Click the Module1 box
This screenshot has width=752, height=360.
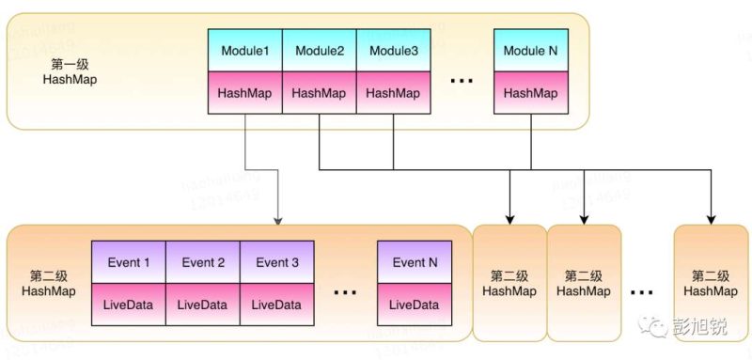pyautogui.click(x=244, y=50)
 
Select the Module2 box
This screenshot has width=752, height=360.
pyautogui.click(x=319, y=50)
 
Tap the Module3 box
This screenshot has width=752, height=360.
pyautogui.click(x=393, y=50)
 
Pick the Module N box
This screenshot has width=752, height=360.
pyautogui.click(x=531, y=50)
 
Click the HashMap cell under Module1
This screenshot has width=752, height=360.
pyautogui.click(x=244, y=93)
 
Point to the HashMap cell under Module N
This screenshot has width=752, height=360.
pyautogui.click(x=531, y=93)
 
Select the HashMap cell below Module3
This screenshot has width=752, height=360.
pyautogui.click(x=393, y=93)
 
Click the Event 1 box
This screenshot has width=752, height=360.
pyautogui.click(x=128, y=263)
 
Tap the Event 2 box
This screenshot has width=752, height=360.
pyautogui.click(x=202, y=263)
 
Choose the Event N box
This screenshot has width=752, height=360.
pyautogui.click(x=415, y=263)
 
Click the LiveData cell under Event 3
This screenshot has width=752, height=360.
pyautogui.click(x=276, y=305)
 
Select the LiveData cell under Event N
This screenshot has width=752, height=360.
pyautogui.click(x=415, y=305)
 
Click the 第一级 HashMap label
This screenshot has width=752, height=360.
pyautogui.click(x=70, y=71)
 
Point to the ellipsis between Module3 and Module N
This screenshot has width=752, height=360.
pyautogui.click(x=462, y=82)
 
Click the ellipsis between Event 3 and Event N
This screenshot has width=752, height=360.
pyautogui.click(x=345, y=293)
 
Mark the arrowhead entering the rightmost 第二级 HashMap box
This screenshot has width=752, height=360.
pyautogui.click(x=711, y=219)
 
